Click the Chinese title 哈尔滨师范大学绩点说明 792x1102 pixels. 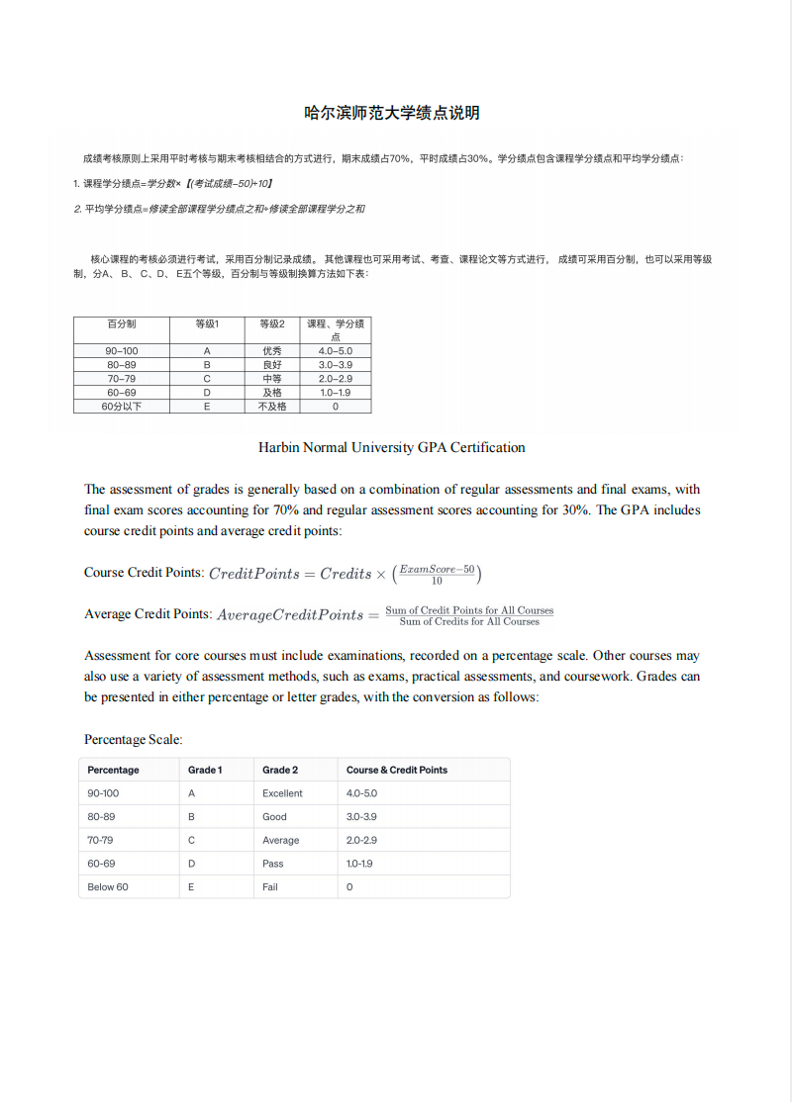391,113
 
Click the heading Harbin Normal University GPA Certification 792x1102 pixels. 391,447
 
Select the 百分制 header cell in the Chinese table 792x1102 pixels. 122,323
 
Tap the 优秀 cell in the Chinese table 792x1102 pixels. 272,351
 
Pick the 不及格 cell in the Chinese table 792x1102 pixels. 272,407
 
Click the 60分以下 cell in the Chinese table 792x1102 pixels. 122,407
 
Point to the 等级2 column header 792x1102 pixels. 272,323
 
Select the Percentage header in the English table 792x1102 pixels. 113,770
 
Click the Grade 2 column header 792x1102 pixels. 280,770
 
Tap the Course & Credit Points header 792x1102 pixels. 396,770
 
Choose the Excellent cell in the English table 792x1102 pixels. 282,793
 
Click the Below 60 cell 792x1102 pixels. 108,887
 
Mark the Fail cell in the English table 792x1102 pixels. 270,887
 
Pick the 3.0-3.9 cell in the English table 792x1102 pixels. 361,817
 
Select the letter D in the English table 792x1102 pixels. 191,864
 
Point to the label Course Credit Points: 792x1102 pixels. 144,573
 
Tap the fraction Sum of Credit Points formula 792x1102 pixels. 469,615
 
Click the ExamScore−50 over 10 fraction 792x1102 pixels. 437,574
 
